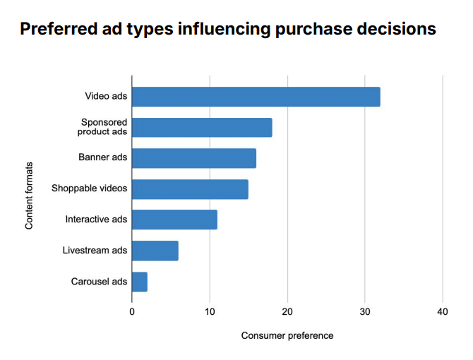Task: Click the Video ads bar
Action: tap(256, 97)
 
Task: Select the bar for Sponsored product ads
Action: tap(202, 128)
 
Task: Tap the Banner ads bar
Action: tap(194, 158)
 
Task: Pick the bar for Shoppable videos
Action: tap(190, 189)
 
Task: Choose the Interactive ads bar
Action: tap(174, 220)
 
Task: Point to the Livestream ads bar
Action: tap(155, 251)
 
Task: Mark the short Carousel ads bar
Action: tap(140, 282)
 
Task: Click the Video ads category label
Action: tap(106, 97)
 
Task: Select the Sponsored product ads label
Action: tap(103, 127)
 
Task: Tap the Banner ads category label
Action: tap(103, 157)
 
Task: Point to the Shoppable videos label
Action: tap(90, 188)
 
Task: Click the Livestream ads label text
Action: tap(95, 251)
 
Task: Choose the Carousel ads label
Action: tap(99, 282)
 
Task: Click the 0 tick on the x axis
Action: tap(132, 311)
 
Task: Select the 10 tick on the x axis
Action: tap(210, 311)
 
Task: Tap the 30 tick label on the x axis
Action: tap(365, 311)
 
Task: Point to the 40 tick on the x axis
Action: tap(443, 311)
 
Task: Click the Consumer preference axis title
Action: tap(287, 335)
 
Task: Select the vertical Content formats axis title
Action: tap(30, 196)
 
